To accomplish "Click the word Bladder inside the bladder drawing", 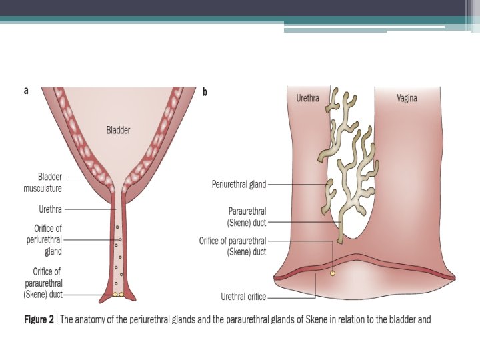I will (118, 131).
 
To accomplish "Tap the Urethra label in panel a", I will (51, 209).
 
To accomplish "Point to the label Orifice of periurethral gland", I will (45, 240).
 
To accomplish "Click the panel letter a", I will (26, 91).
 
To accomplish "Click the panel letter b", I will (205, 92).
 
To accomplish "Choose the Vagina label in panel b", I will (407, 99).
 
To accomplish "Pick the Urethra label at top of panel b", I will (307, 99).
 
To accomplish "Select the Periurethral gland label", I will (239, 185).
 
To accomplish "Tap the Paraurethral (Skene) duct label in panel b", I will (247, 216).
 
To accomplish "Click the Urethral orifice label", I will (243, 297).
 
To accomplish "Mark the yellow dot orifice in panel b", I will (333, 273).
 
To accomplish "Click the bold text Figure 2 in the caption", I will (39, 319).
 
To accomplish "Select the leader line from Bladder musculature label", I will (73, 177).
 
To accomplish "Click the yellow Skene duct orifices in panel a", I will (118, 294).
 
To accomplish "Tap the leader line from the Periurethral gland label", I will (297, 185).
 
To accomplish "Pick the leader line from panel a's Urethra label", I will (90, 209).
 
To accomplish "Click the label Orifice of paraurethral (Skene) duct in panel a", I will (43, 283).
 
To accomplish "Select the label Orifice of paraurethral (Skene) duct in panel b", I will (233, 246).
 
